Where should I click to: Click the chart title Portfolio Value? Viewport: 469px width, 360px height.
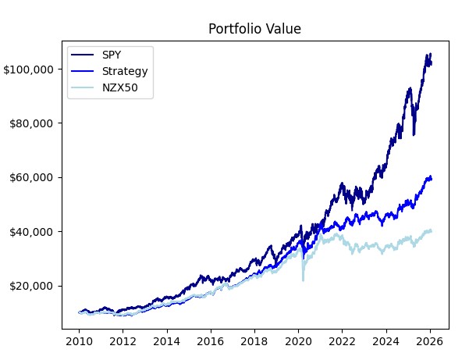coord(254,29)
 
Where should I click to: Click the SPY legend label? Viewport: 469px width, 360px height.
coord(112,55)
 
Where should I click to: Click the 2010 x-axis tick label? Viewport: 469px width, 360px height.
coord(79,341)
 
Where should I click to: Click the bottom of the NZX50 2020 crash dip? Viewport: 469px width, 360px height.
coord(303,280)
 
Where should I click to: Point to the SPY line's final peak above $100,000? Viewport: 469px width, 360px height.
coord(429,53)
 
